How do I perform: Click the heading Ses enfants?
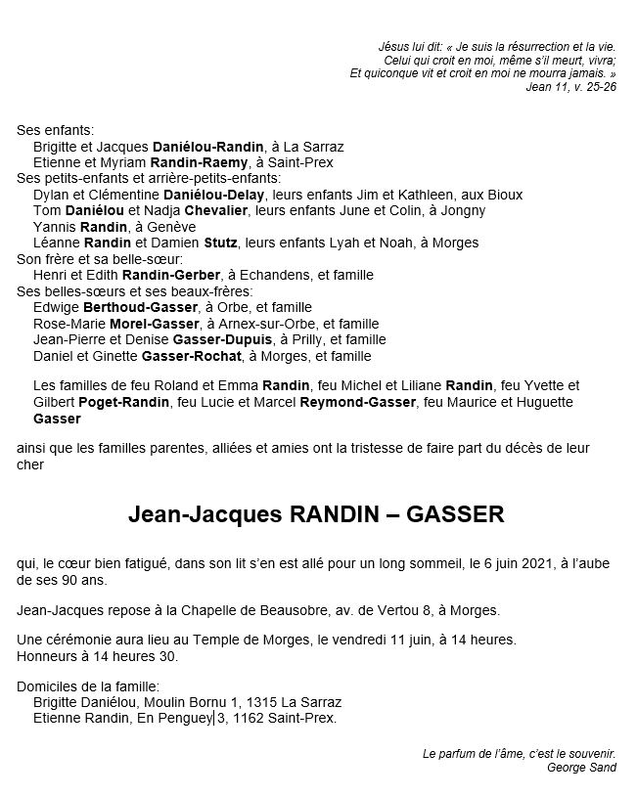point(56,130)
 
